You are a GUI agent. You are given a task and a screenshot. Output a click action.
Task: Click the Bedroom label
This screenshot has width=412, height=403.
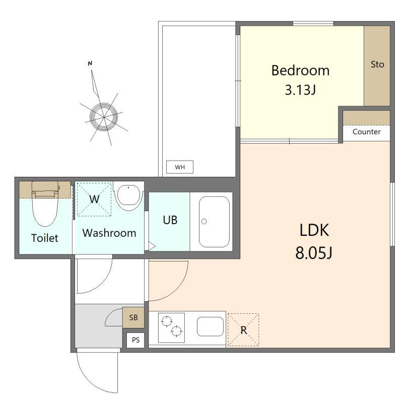tap(300, 71)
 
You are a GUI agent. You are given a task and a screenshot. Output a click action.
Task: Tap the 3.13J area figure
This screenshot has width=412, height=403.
tap(300, 90)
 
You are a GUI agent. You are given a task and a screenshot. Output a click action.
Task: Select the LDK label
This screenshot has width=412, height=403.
tap(314, 230)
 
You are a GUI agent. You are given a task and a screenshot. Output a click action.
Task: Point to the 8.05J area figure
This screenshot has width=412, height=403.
tap(314, 253)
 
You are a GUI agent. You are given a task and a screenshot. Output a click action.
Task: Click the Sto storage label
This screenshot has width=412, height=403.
tap(377, 64)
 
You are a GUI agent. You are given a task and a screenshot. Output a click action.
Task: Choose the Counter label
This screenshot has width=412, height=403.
tap(367, 131)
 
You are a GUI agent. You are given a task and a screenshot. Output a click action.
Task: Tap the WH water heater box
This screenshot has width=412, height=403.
tap(180, 167)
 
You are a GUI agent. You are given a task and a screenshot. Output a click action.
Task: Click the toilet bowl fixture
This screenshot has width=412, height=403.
tap(45, 204)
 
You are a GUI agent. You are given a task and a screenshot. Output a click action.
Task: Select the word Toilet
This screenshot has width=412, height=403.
tap(45, 238)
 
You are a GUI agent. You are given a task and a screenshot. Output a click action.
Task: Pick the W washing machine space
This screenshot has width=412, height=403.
tap(94, 199)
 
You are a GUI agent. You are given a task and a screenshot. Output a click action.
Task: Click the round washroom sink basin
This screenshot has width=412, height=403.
tap(128, 197)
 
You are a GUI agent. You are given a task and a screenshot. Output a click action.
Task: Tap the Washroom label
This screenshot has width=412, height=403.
tap(109, 233)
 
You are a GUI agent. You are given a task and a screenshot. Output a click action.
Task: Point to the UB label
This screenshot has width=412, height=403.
tap(170, 220)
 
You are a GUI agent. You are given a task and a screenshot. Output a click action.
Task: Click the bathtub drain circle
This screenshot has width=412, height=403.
tap(204, 221)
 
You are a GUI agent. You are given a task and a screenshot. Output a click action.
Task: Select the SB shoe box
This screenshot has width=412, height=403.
tap(133, 317)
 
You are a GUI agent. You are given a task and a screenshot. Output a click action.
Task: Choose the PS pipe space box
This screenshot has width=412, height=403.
tap(135, 340)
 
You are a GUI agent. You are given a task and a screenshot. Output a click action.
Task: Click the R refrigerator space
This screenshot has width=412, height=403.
tap(243, 329)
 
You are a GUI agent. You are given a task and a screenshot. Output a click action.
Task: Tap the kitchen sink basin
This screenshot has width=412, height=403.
tap(210, 326)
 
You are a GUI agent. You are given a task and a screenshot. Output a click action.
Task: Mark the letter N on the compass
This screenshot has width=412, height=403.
tap(90, 63)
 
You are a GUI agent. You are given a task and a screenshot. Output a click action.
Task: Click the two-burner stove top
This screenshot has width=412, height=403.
tap(171, 327)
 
